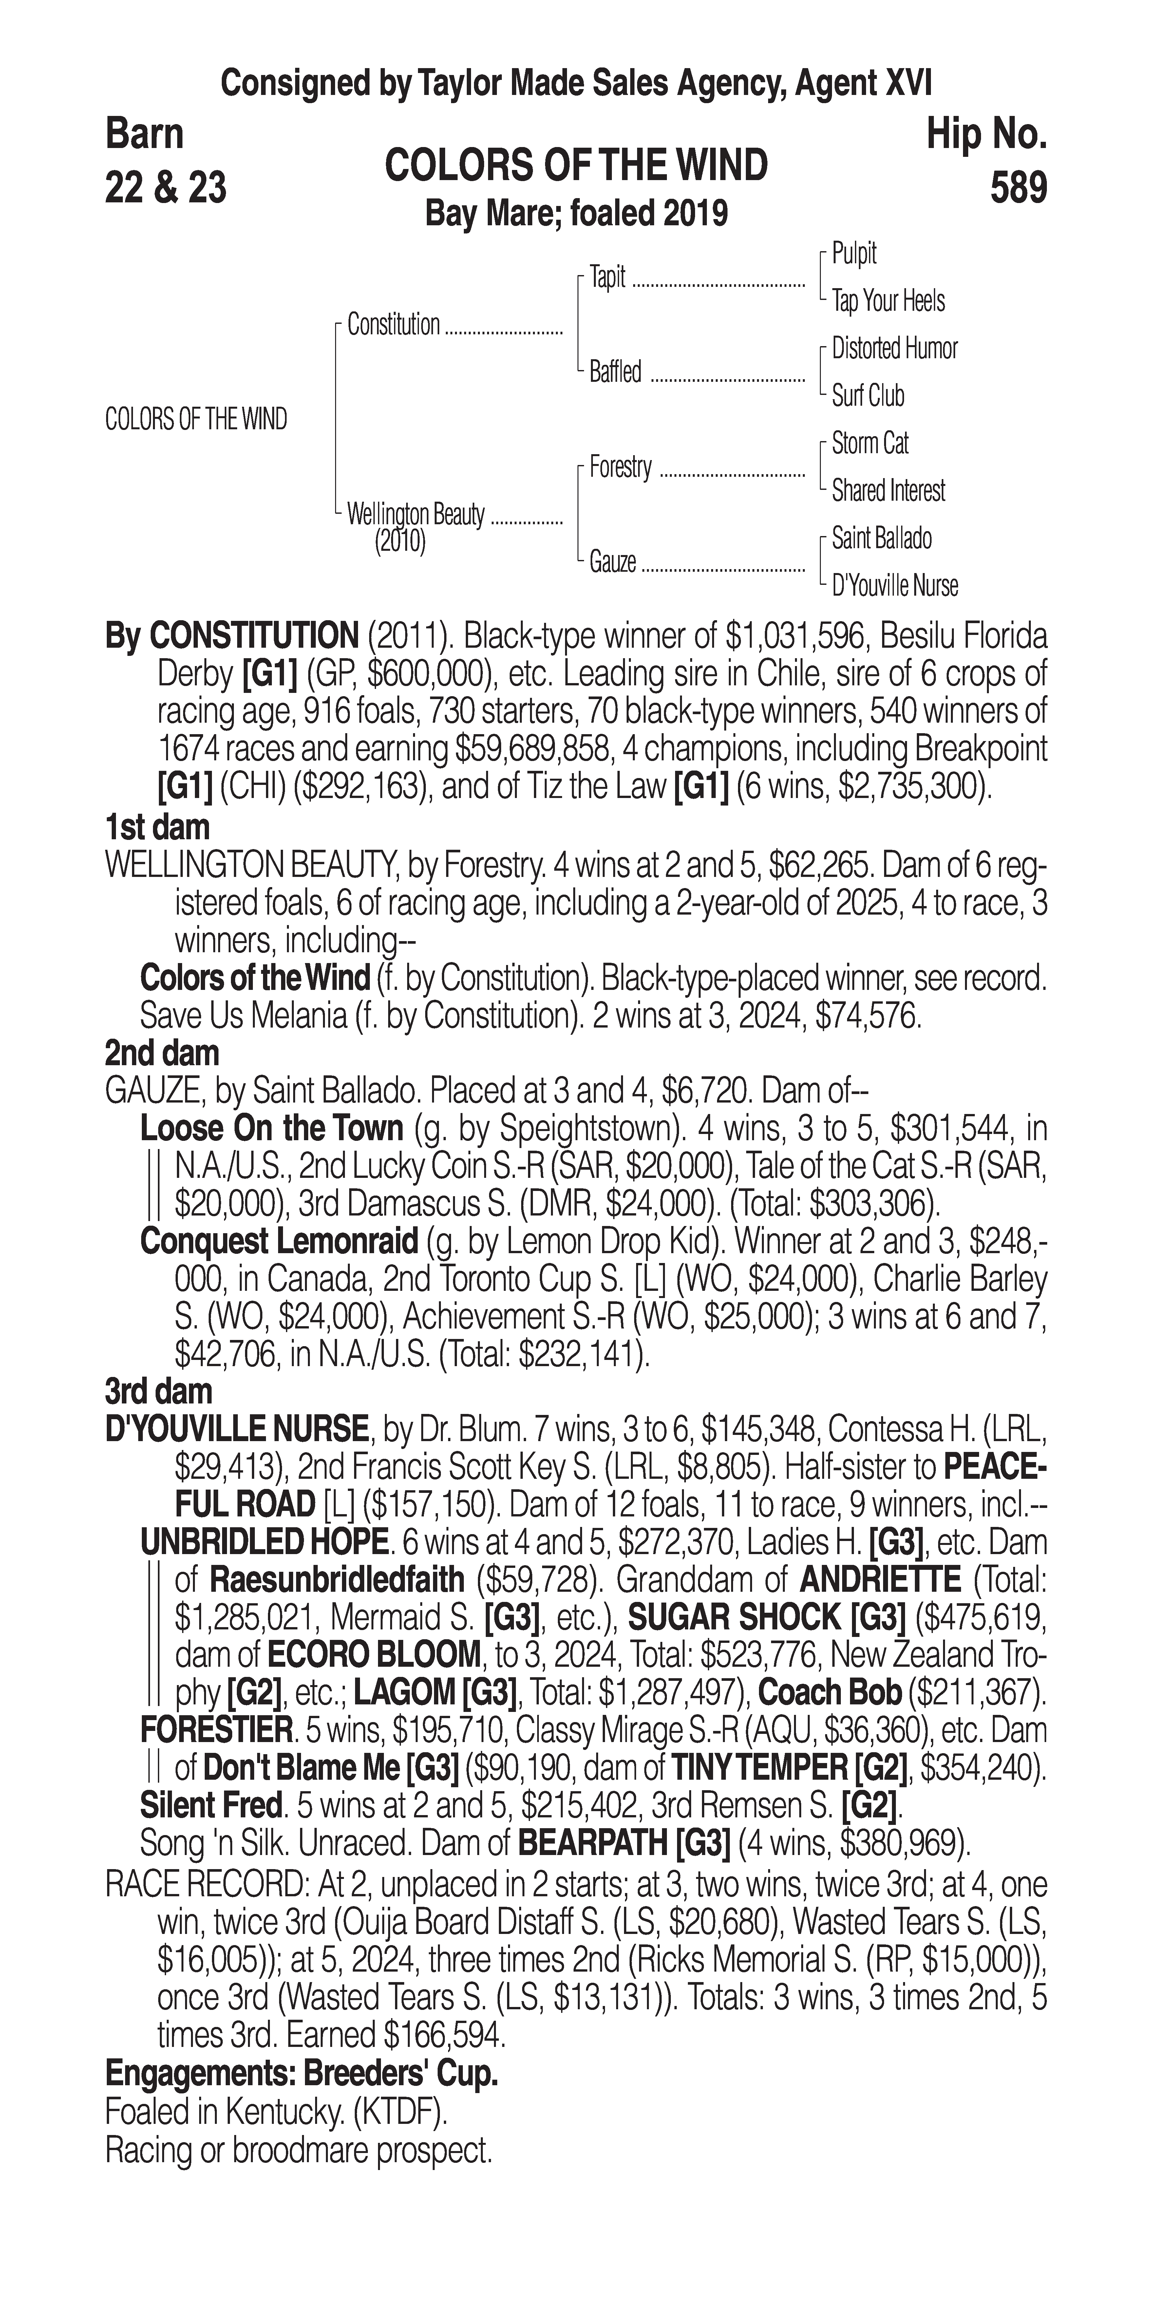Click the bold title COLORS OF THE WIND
[x=576, y=165]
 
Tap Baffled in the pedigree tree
[x=615, y=372]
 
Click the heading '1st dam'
[x=157, y=826]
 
